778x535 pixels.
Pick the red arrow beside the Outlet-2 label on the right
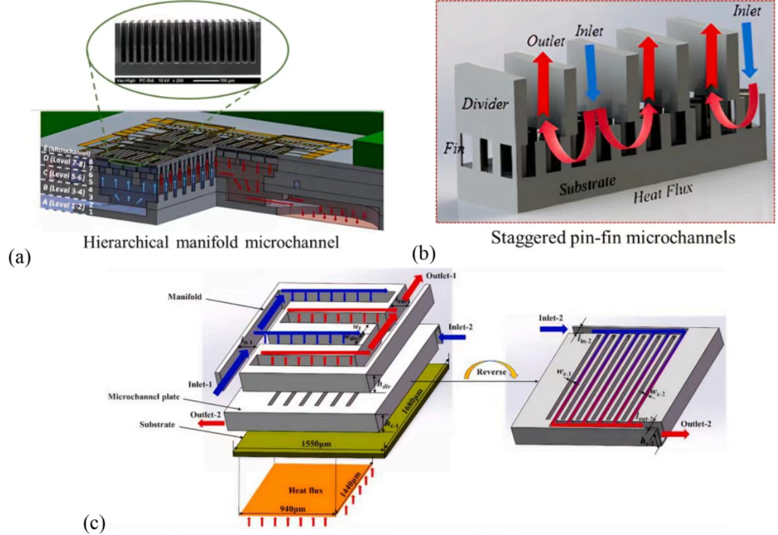(x=674, y=434)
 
